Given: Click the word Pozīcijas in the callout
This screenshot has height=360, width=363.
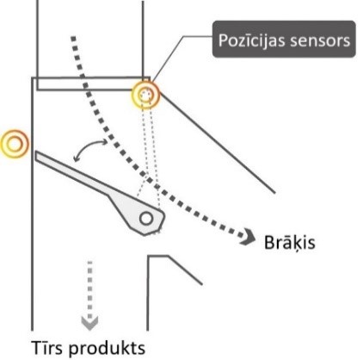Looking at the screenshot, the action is pos(252,40).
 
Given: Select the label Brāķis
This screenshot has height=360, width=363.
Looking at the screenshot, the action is pos(289,243).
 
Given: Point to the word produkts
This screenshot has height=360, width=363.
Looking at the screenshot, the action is pos(107,349).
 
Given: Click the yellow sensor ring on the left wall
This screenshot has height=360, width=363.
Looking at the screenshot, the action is pos(15,144).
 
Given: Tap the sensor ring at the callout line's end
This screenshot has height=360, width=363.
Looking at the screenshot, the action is pos(145,95).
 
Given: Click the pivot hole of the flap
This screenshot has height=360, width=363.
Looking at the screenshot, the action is pos(146,219).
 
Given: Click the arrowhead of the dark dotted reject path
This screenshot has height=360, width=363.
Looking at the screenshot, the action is pos(249,237).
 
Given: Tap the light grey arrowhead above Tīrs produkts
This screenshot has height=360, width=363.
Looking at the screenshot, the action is pos(89,323).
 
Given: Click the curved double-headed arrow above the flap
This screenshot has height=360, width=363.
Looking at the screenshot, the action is pos(88,147).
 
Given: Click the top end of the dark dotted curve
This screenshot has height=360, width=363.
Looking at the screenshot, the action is pos(73,38).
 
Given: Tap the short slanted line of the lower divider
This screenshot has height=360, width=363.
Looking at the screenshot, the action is pos(185,270).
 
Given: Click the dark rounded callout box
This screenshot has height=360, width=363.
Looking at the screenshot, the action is pos(284,39).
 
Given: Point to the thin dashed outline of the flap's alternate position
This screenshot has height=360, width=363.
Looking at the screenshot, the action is pos(149,161).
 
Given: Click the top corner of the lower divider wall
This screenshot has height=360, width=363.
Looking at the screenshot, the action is pos(148,256).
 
